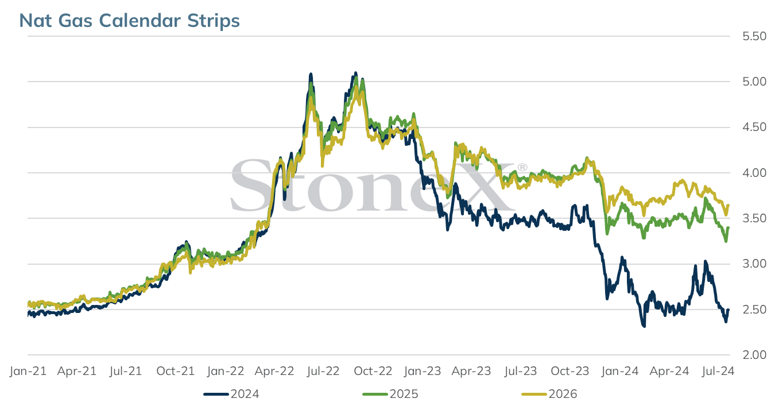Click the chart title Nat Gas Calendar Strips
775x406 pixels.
pyautogui.click(x=129, y=21)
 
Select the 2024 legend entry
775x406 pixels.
pyautogui.click(x=231, y=394)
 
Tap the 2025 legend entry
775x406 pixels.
pyautogui.click(x=390, y=394)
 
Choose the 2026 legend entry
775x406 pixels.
pyautogui.click(x=549, y=394)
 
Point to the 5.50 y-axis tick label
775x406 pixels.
pyautogui.click(x=754, y=36)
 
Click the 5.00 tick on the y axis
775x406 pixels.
pyautogui.click(x=754, y=82)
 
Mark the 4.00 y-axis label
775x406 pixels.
pyautogui.click(x=754, y=173)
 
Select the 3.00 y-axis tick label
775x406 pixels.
pyautogui.click(x=754, y=264)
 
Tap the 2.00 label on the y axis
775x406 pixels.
pyautogui.click(x=754, y=355)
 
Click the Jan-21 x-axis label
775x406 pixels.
pyautogui.click(x=28, y=371)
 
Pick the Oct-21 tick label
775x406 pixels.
pyautogui.click(x=176, y=371)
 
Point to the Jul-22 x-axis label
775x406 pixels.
pyautogui.click(x=324, y=371)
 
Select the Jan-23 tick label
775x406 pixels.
pyautogui.click(x=423, y=371)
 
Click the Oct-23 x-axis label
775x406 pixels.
pyautogui.click(x=570, y=371)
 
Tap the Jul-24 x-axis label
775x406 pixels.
pyautogui.click(x=718, y=371)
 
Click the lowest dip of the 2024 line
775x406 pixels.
pyautogui.click(x=644, y=326)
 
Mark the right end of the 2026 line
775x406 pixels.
pyautogui.click(x=728, y=205)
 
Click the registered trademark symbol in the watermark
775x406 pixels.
pyautogui.click(x=522, y=168)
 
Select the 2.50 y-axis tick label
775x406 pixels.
pyautogui.click(x=754, y=310)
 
